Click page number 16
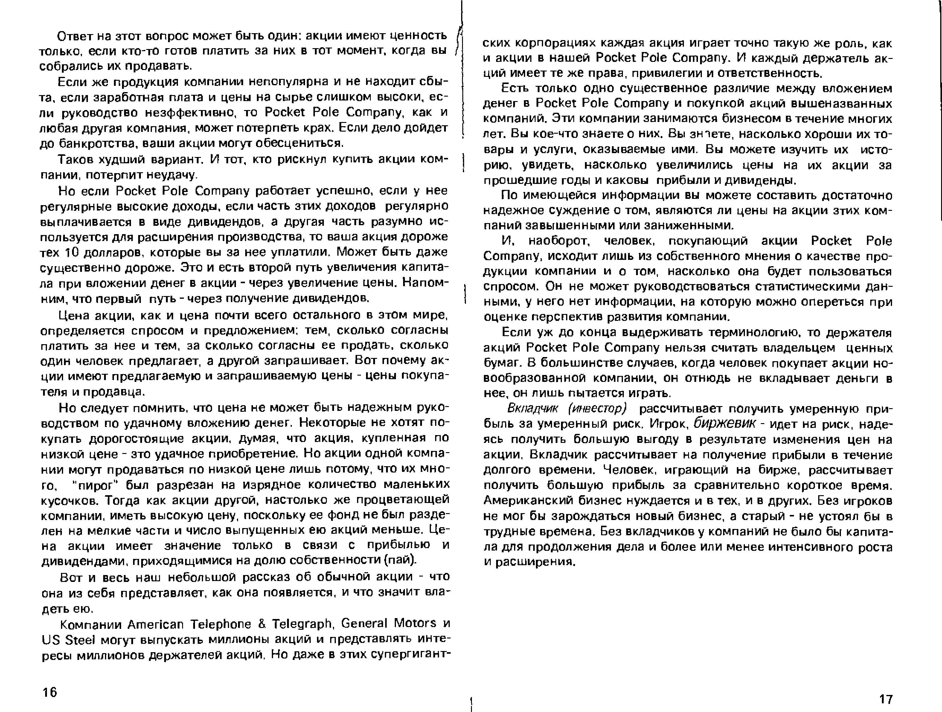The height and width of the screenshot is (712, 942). pos(50,692)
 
